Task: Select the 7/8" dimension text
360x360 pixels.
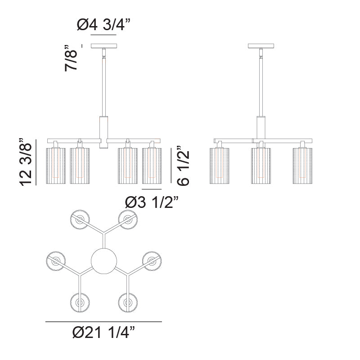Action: [x=72, y=58]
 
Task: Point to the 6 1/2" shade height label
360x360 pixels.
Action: [x=183, y=166]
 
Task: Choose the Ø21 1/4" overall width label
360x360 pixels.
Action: [x=103, y=333]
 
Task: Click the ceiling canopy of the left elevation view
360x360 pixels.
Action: [x=104, y=46]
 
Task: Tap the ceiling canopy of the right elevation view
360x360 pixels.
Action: [x=261, y=46]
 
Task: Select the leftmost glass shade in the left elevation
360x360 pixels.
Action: [x=56, y=165]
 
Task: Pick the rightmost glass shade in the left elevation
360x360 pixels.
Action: [x=152, y=165]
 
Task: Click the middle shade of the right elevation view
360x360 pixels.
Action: [x=261, y=165]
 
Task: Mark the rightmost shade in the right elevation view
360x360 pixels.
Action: [x=302, y=165]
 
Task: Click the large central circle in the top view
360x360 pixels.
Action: [x=104, y=261]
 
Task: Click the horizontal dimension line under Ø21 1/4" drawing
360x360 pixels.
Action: [x=103, y=322]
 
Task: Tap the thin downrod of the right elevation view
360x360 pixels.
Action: [x=261, y=85]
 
